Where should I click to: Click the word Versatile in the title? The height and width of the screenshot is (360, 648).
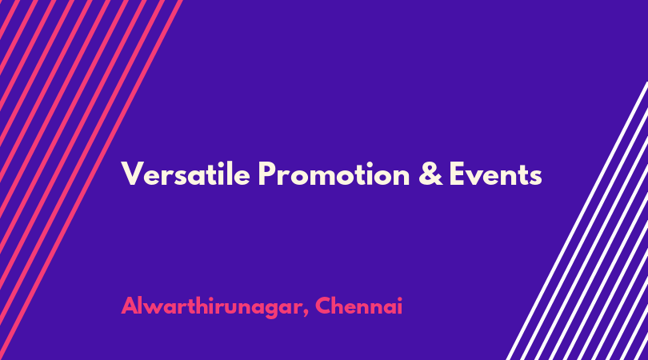186,174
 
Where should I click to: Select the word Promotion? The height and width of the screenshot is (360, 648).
334,174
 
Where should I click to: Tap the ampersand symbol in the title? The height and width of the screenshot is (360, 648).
430,174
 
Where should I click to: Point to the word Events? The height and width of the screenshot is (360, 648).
495,174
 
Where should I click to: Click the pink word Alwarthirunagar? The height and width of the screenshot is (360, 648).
210,306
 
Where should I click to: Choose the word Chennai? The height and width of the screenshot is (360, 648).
358,306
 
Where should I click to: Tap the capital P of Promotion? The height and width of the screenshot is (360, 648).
268,174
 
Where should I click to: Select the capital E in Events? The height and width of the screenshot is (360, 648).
458,174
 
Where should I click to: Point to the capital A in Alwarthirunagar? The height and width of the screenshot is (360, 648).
131,306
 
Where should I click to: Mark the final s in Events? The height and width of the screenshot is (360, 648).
535,178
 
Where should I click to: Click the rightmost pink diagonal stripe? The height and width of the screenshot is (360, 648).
91,180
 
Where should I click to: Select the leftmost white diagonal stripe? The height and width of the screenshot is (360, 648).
578,221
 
